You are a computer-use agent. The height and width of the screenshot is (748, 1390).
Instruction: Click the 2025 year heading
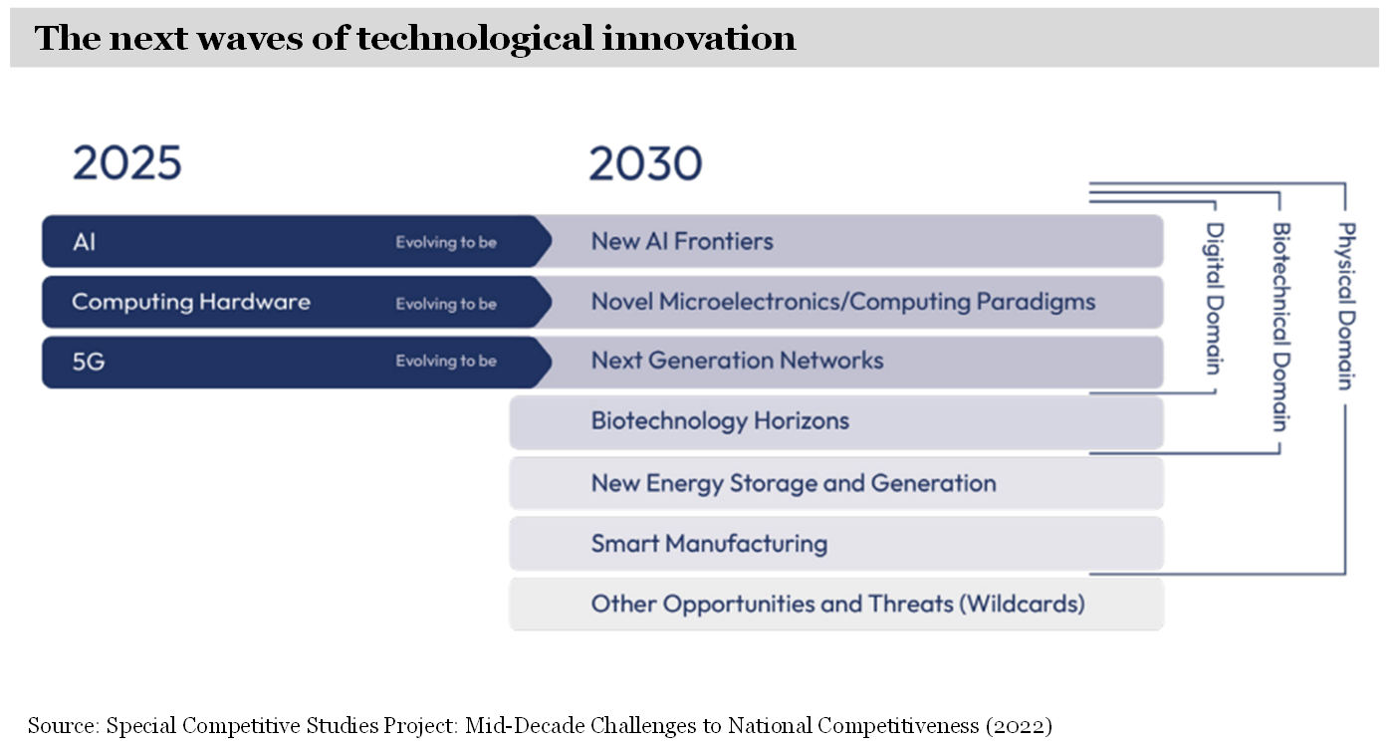(x=127, y=163)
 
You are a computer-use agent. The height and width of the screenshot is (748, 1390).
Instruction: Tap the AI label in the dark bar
(x=84, y=241)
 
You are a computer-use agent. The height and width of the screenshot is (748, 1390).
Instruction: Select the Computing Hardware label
(x=191, y=303)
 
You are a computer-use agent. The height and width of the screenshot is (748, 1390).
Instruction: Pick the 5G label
(x=88, y=362)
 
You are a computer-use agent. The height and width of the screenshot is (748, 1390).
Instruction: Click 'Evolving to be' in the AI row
(x=446, y=242)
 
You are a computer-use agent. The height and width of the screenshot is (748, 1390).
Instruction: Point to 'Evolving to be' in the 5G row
(x=446, y=362)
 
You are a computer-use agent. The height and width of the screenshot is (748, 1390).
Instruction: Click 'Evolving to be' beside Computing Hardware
(x=446, y=304)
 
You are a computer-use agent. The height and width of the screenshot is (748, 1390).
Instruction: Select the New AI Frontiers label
(x=682, y=241)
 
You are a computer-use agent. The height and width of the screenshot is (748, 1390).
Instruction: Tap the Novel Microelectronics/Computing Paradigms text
(x=843, y=303)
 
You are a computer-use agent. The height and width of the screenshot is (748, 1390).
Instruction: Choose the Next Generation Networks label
(x=737, y=360)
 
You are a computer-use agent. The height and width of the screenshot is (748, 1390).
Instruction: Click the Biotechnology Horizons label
(x=720, y=421)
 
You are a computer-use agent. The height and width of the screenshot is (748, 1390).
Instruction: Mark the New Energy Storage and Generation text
(x=794, y=484)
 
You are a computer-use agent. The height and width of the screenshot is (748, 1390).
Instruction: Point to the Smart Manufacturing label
(x=709, y=544)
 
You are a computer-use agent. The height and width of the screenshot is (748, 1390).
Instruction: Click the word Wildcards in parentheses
(x=1022, y=604)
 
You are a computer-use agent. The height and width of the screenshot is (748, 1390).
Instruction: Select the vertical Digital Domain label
(x=1215, y=299)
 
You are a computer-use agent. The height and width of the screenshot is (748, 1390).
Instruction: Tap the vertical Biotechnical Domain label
(x=1281, y=327)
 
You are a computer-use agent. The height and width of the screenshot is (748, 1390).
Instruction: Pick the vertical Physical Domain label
(x=1346, y=306)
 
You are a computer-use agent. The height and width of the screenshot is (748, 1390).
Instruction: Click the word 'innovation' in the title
(x=699, y=38)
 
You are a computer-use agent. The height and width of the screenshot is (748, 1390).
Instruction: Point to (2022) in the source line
(x=1019, y=726)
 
